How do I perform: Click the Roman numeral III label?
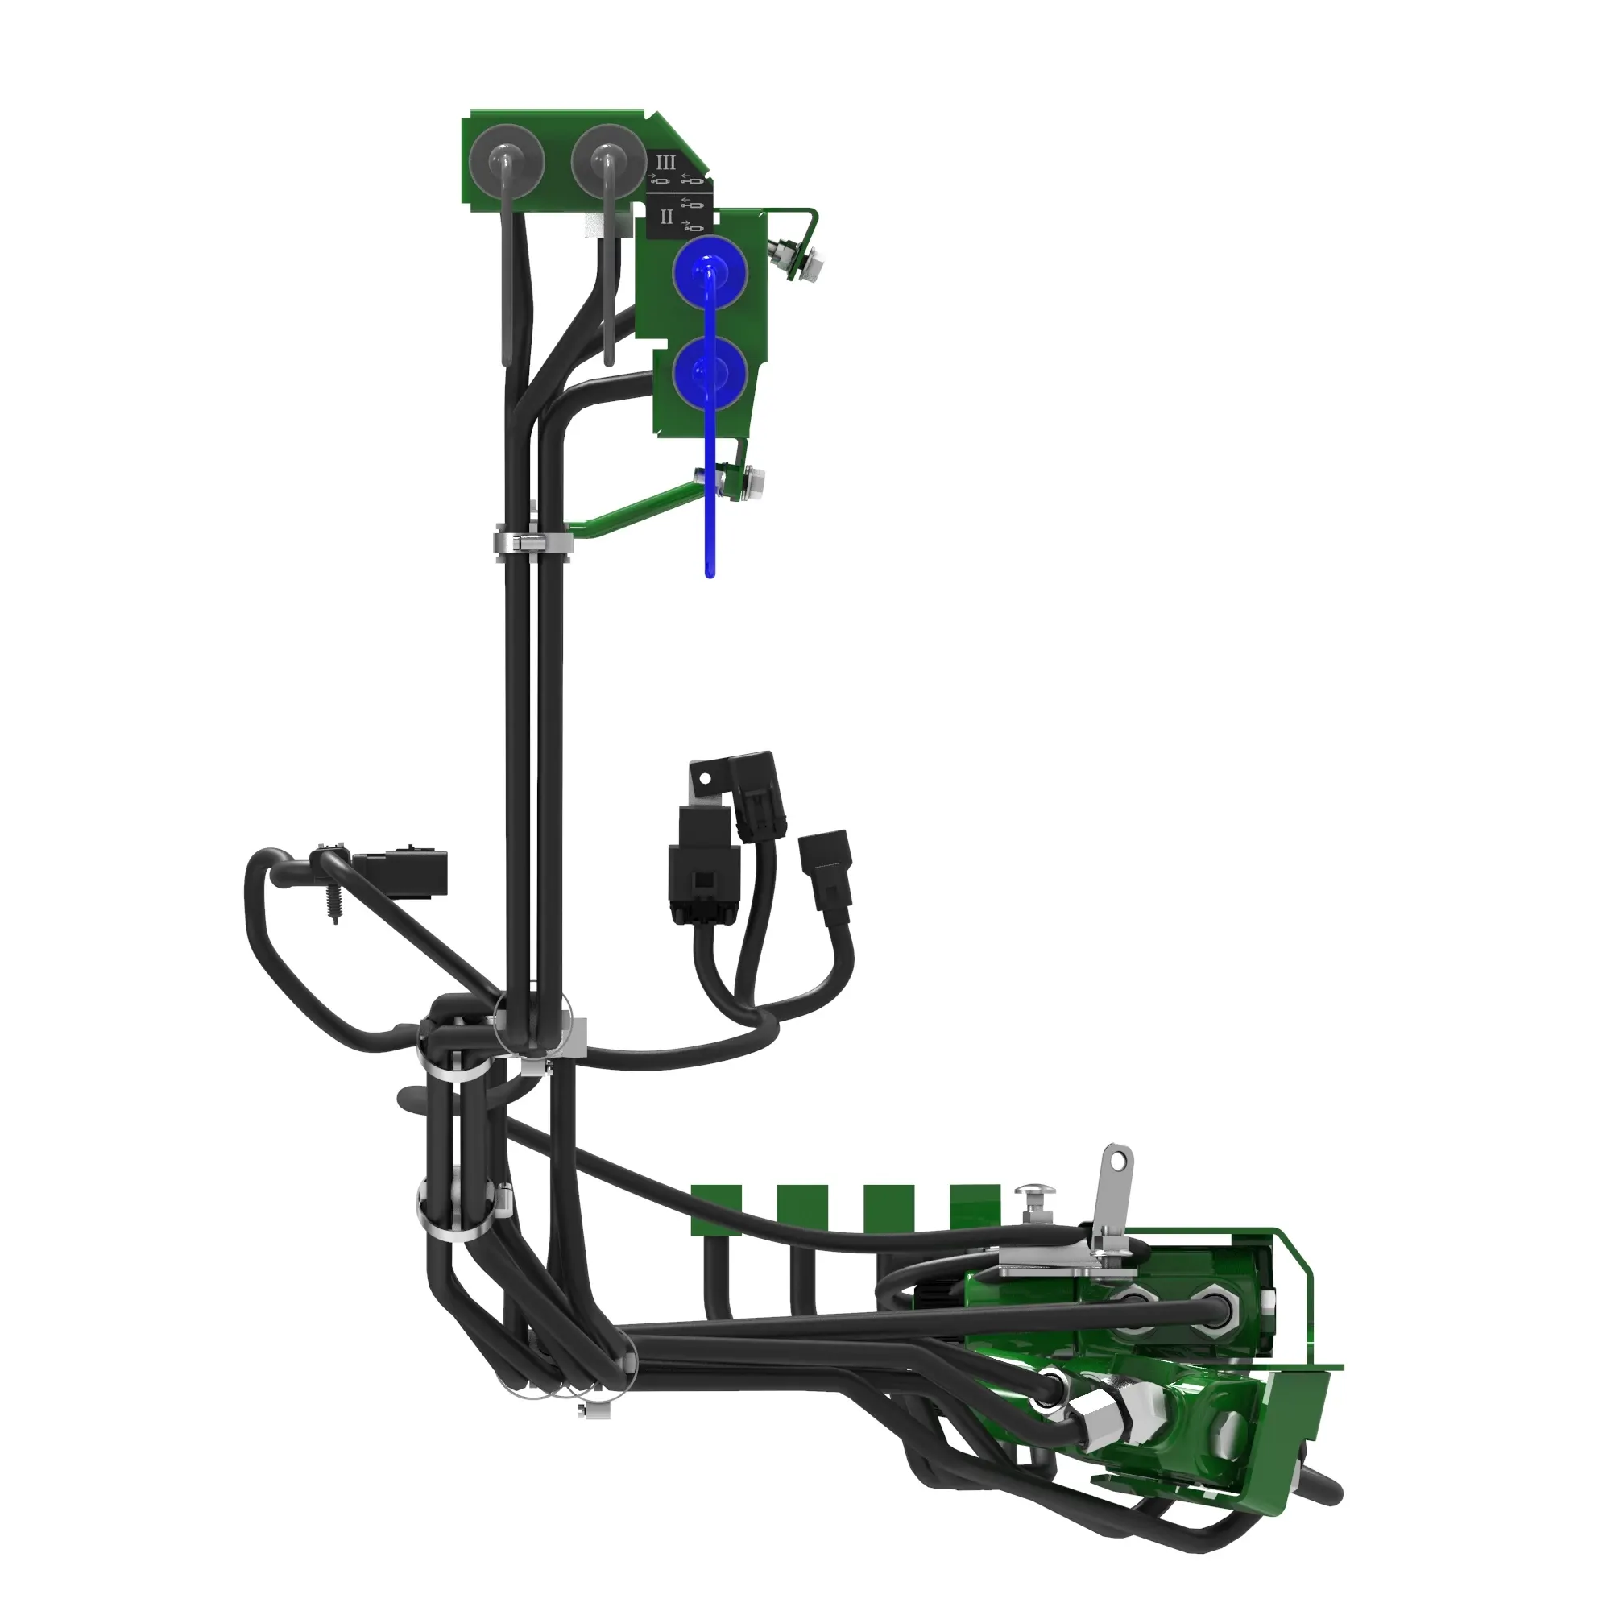click(x=665, y=162)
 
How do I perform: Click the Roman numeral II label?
click(x=666, y=217)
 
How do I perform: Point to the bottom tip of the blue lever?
click(x=710, y=574)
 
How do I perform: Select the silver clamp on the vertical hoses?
click(x=534, y=543)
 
